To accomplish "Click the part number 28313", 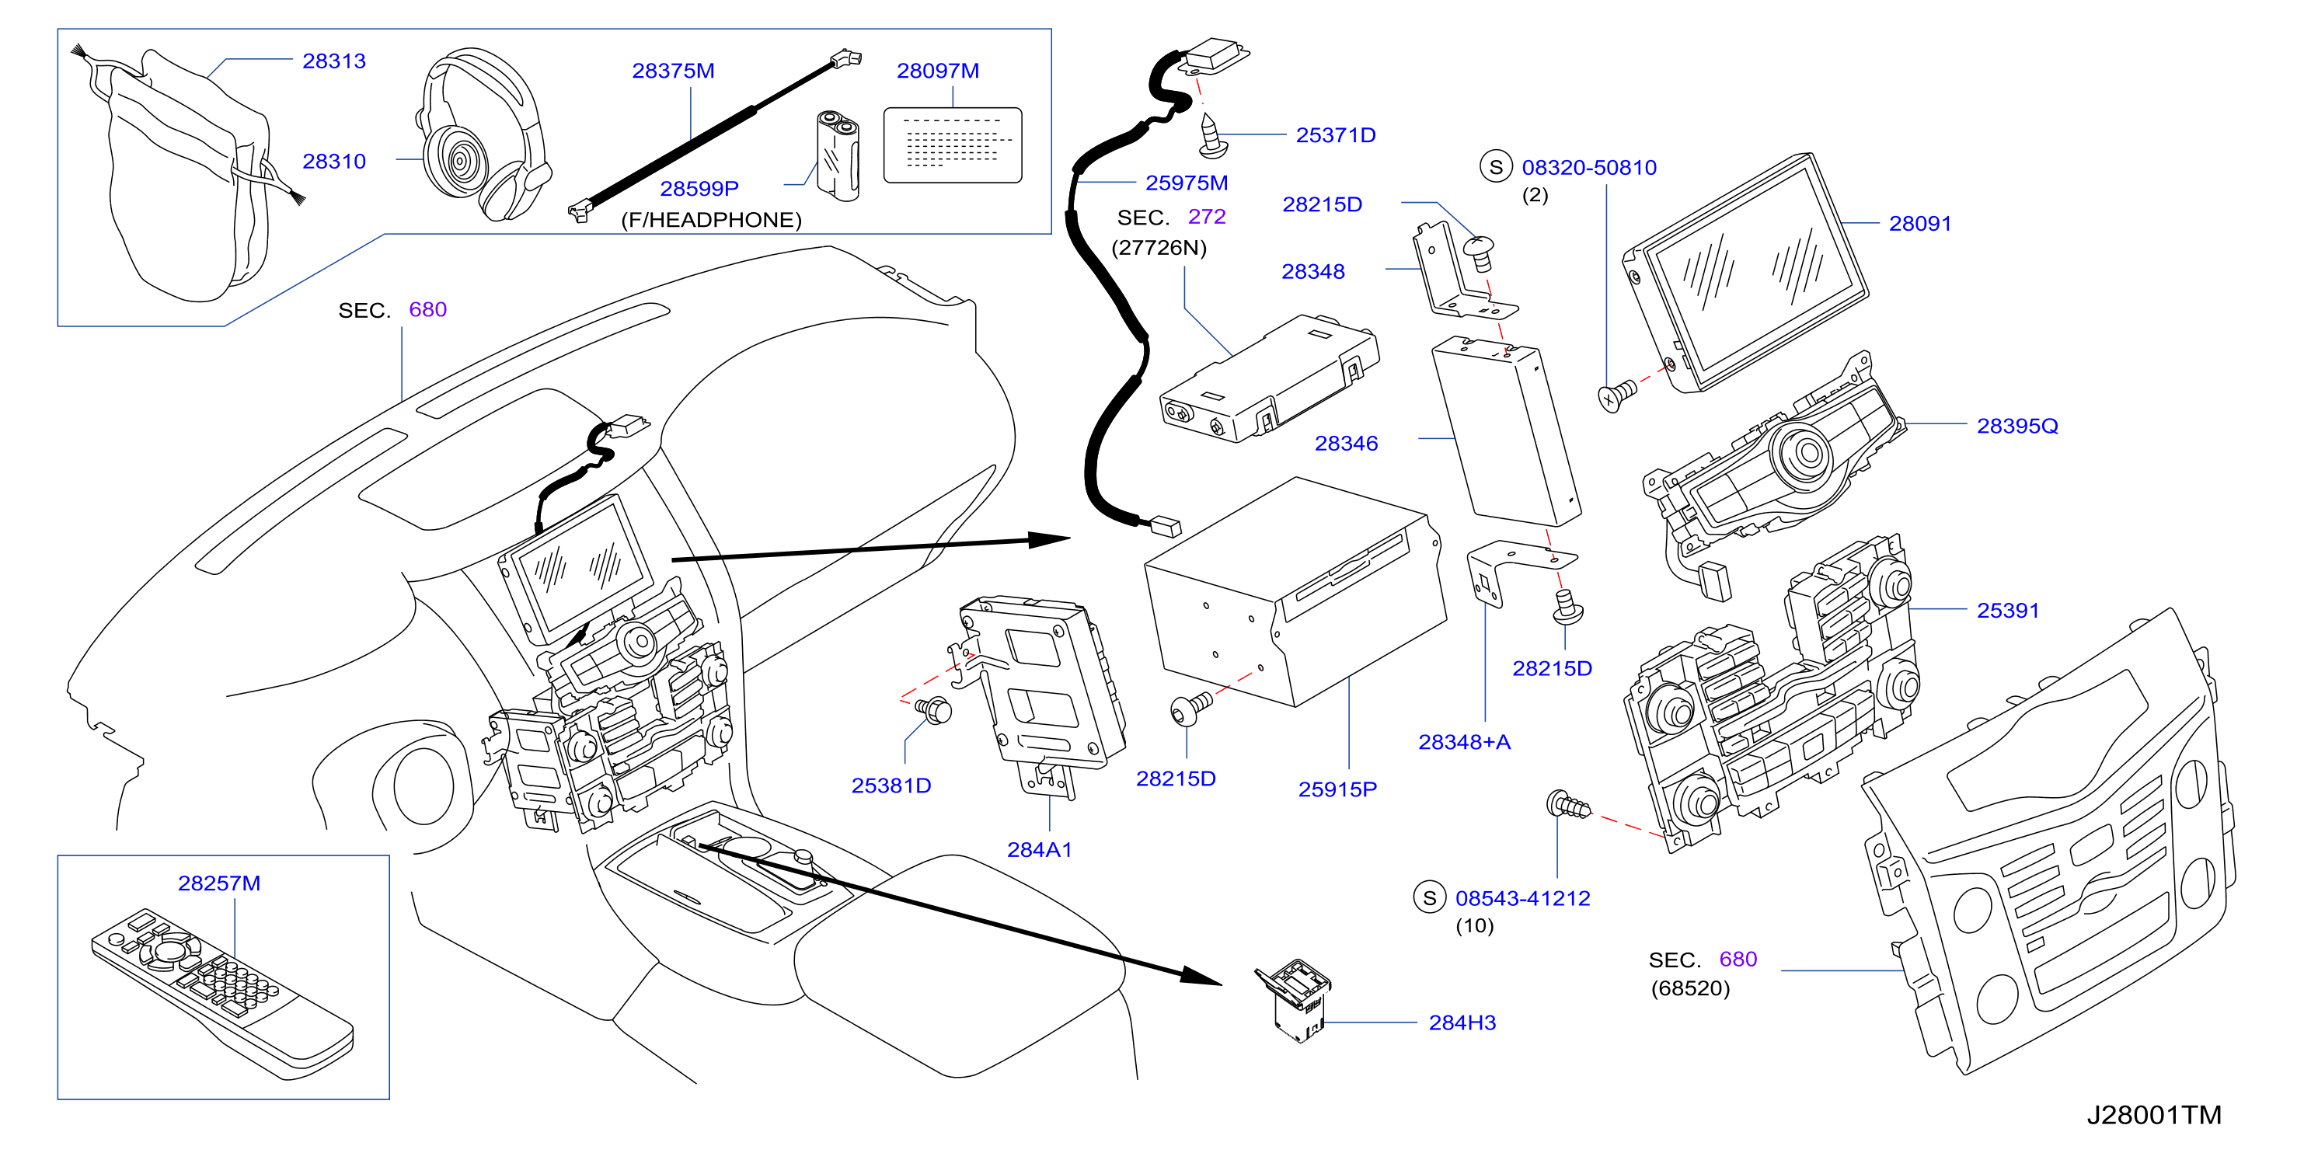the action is (333, 61).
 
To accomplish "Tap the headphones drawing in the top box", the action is (483, 134).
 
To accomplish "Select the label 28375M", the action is (673, 71).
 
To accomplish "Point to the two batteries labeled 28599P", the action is (838, 155).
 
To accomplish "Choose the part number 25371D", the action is (1335, 135).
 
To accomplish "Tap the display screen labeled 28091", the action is (1746, 273).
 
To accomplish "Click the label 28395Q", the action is (2016, 427).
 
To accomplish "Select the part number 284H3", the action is (1462, 1023).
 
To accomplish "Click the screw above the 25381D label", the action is (934, 709).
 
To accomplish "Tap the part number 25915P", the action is (1337, 789).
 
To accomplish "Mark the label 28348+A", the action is (1464, 742).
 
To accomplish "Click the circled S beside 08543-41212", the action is (1429, 897).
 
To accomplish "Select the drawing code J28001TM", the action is (2153, 1115).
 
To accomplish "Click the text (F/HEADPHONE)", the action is (712, 220).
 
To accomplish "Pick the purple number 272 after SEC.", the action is (1207, 217).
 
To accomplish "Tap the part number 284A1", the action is (1039, 850).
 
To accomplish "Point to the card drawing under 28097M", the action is (953, 145).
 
